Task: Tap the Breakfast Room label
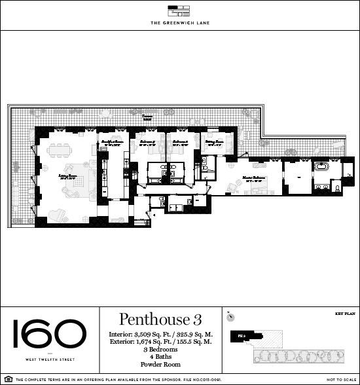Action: point(110,142)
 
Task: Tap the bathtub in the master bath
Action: point(323,166)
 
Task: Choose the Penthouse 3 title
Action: point(160,320)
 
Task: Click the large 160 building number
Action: point(48,335)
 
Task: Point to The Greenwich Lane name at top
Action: point(179,23)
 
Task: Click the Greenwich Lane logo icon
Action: point(179,10)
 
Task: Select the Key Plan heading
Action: point(344,314)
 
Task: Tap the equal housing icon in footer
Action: point(7,379)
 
